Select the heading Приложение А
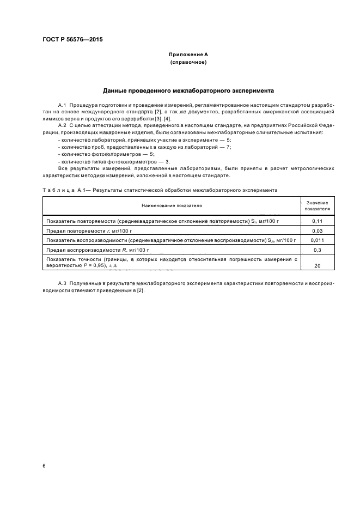pyautogui.click(x=188, y=55)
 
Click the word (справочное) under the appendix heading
pyautogui.click(x=188, y=63)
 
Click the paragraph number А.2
pyautogui.click(x=62, y=125)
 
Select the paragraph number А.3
pyautogui.click(x=62, y=284)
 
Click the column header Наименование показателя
pyautogui.click(x=172, y=206)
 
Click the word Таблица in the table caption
pyautogui.click(x=56, y=190)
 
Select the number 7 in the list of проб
pyautogui.click(x=229, y=147)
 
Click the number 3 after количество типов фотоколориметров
pyautogui.click(x=167, y=161)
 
